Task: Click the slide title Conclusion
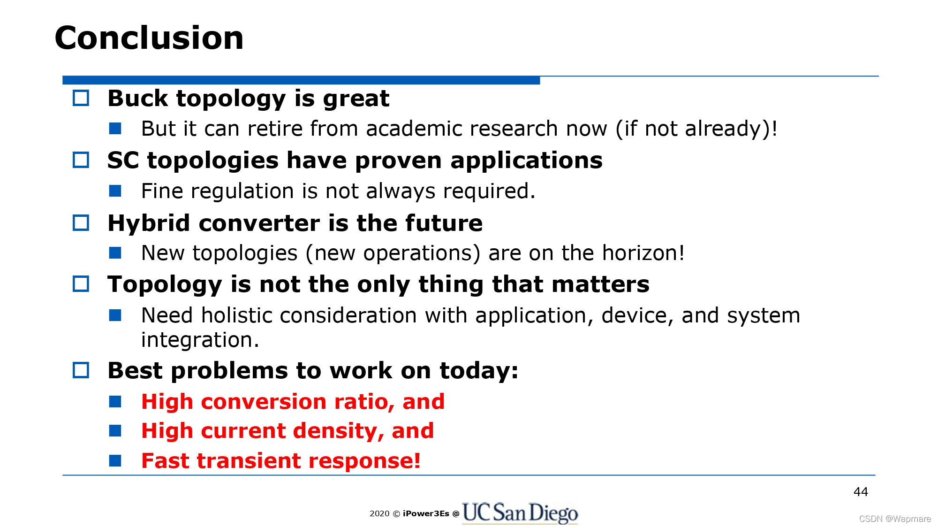[x=149, y=38]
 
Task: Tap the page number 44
[x=861, y=492]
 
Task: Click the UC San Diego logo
[x=520, y=513]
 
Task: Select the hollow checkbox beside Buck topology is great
[x=81, y=98]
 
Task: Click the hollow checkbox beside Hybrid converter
[x=81, y=222]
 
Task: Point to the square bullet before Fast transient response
[x=115, y=460]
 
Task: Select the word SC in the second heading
[x=123, y=161]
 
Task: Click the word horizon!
[x=643, y=253]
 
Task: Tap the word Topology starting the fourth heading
[x=165, y=284]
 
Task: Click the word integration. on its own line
[x=200, y=340]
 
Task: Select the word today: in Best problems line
[x=479, y=371]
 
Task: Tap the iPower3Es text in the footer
[x=426, y=513]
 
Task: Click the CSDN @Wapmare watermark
[x=895, y=519]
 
